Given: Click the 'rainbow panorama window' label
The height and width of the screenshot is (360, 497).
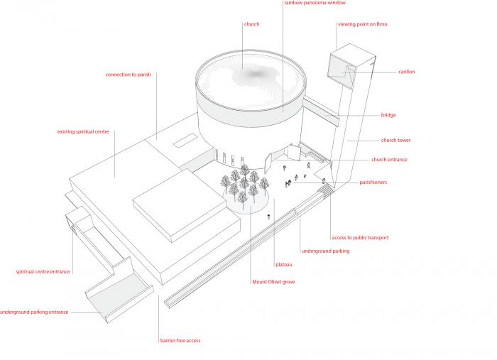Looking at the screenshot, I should (315, 3).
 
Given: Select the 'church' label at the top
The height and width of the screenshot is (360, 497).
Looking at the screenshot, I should (251, 24).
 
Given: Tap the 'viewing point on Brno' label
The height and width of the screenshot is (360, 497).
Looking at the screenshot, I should (362, 24).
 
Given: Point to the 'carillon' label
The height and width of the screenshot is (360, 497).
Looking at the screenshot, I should (407, 72).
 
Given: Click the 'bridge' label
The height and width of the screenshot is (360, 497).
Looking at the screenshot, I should (388, 115).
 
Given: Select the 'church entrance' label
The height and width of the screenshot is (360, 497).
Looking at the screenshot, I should (389, 160).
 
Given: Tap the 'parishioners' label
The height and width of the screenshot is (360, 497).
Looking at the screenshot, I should (373, 182).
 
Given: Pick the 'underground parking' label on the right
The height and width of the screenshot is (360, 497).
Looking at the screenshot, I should (325, 251).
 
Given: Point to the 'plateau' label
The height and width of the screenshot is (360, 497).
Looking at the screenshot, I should (284, 264).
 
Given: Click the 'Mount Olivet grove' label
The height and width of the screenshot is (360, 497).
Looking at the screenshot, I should (273, 282).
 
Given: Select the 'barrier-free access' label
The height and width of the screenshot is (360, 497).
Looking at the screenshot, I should (180, 341).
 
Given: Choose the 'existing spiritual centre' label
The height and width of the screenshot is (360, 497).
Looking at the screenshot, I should (83, 131).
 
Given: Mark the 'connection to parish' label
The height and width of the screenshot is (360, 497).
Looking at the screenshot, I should (129, 75).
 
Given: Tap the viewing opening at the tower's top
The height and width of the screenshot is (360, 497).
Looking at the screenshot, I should (339, 68).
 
